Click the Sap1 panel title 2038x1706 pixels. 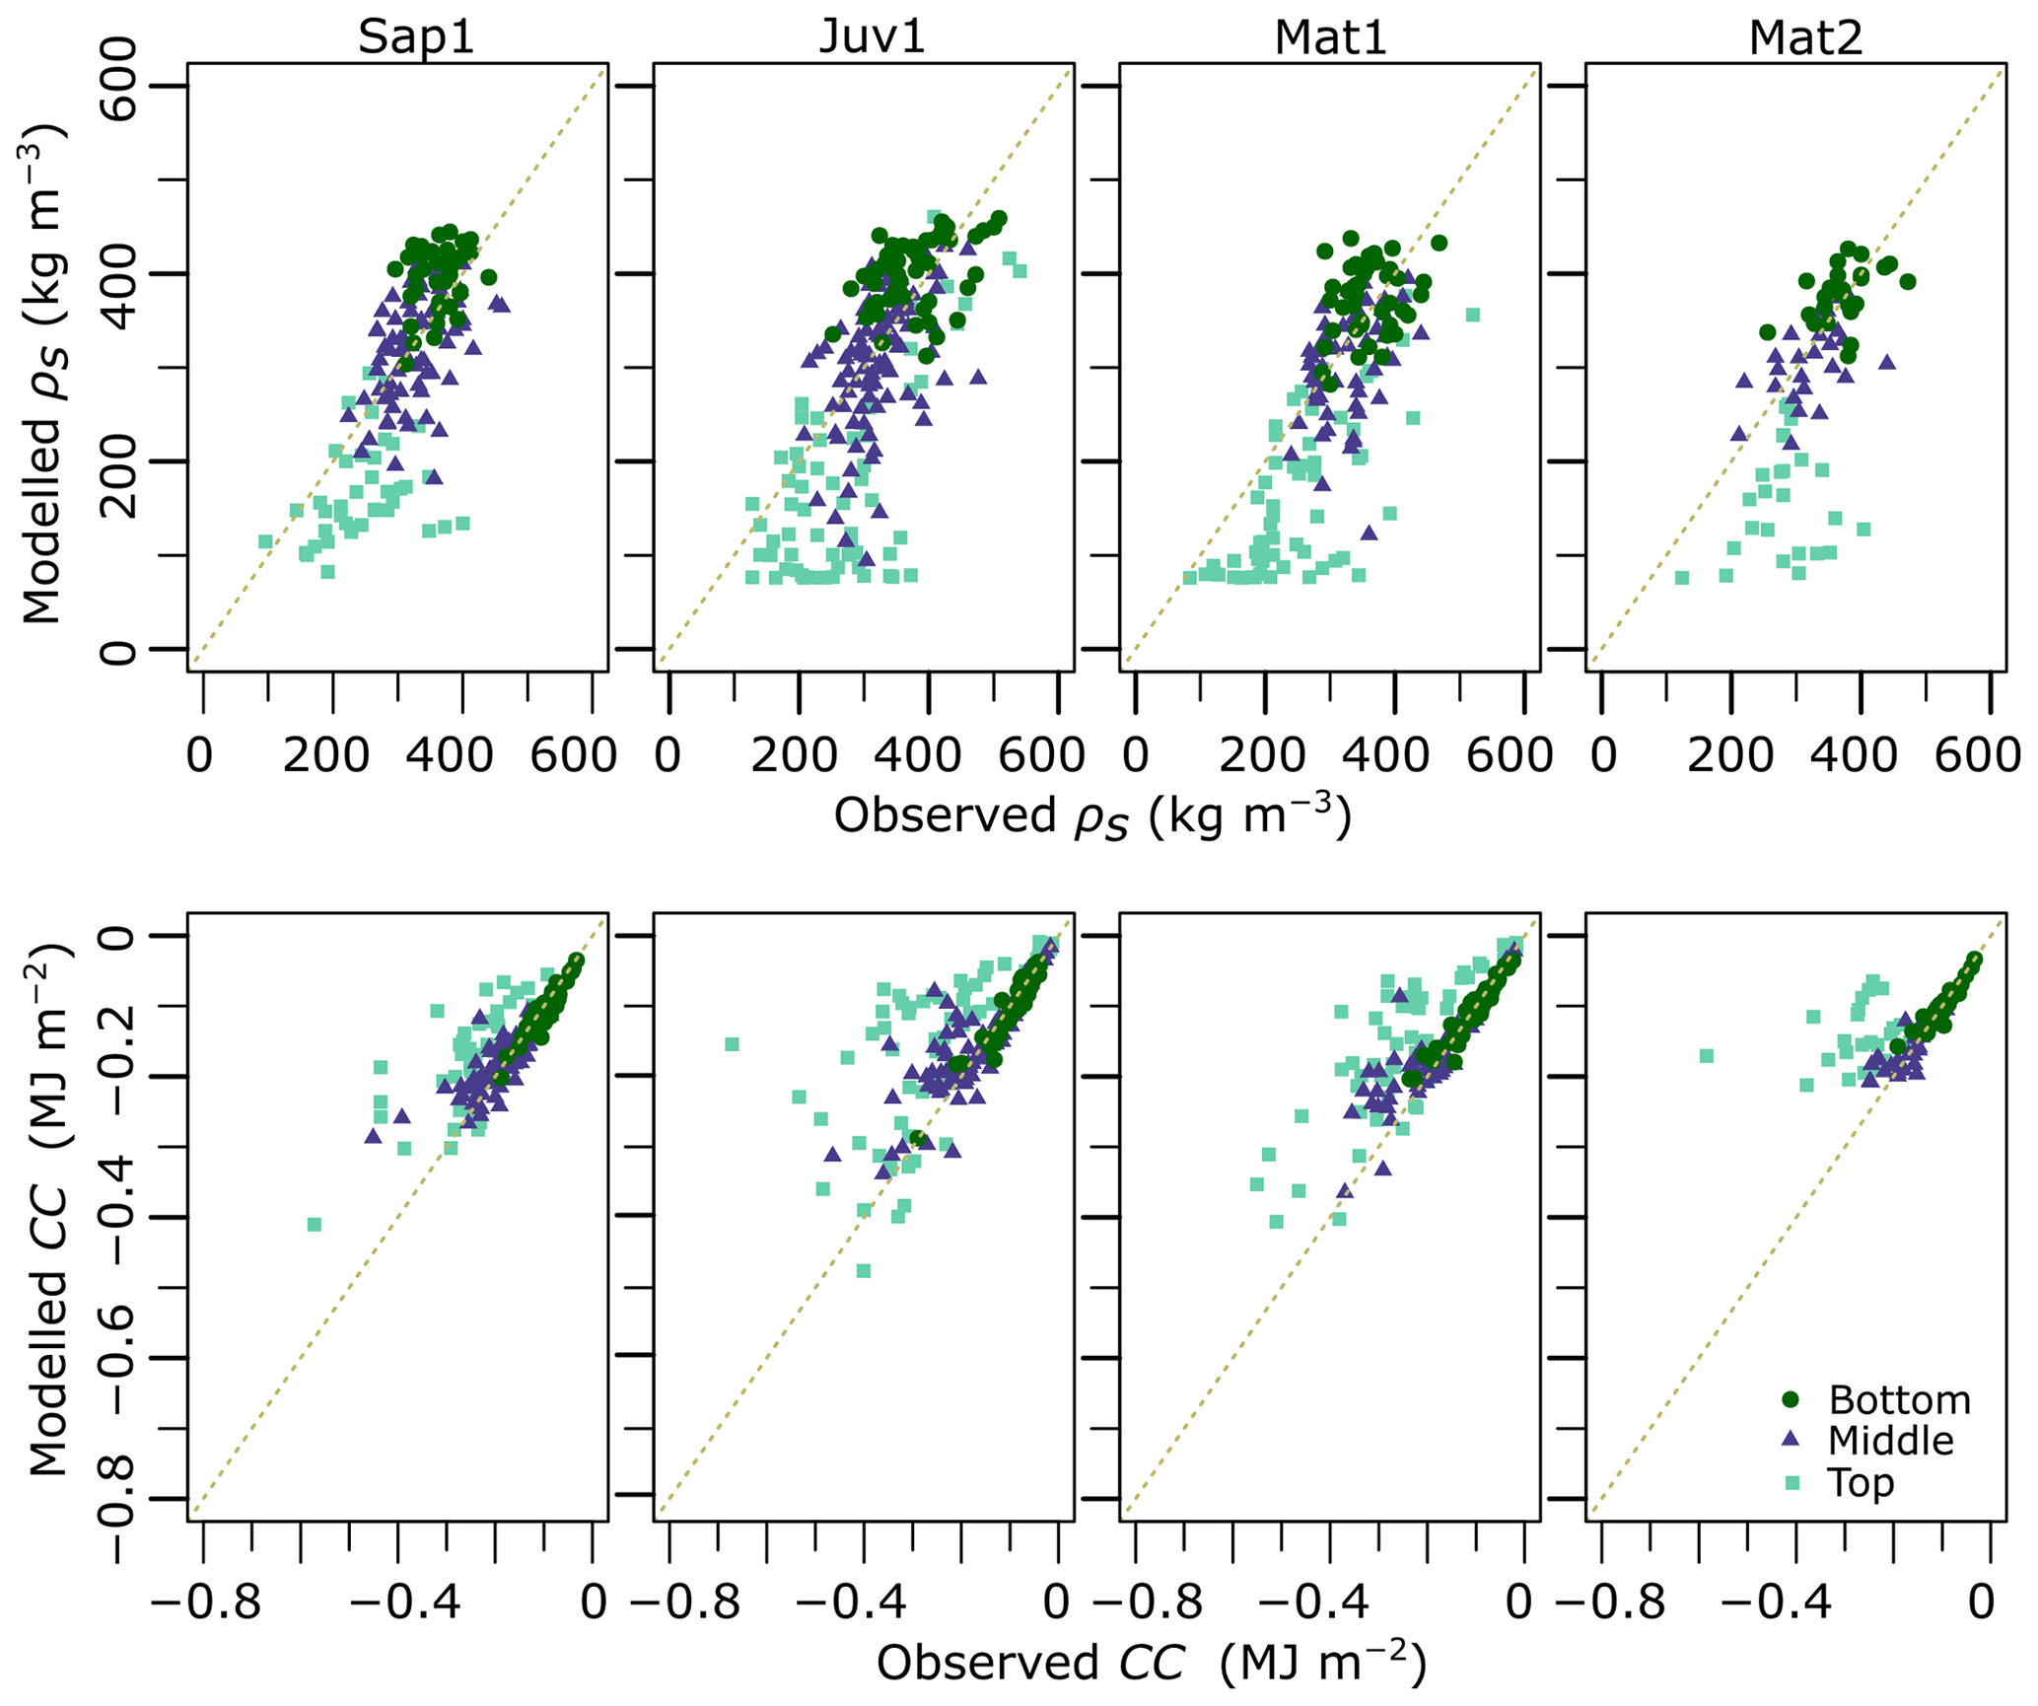click(416, 37)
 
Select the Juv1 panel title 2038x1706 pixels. click(873, 37)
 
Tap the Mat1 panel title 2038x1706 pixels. click(1330, 37)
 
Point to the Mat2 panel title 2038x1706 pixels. click(1805, 37)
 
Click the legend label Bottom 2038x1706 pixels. click(1899, 1400)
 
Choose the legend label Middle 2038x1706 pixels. click(1890, 1441)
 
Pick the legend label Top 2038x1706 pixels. click(1861, 1482)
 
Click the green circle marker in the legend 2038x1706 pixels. click(1792, 1399)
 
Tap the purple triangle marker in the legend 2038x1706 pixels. click(1792, 1440)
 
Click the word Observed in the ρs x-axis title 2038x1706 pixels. click(945, 817)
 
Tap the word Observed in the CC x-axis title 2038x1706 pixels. click(987, 1664)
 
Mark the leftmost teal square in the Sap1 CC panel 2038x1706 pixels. click(315, 1225)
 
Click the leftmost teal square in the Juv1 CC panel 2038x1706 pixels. click(732, 1044)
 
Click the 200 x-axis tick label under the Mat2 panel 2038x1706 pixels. click(1730, 755)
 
